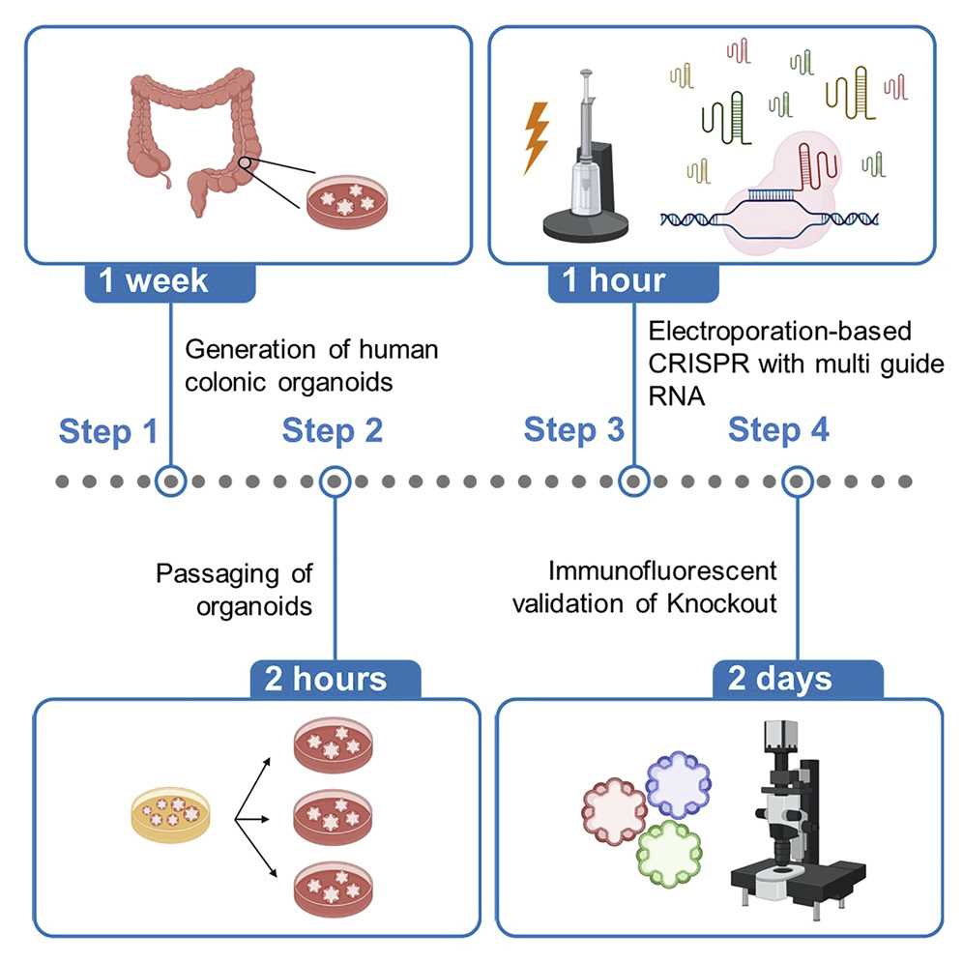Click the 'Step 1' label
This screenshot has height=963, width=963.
tap(107, 431)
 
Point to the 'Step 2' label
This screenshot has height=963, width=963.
tap(333, 431)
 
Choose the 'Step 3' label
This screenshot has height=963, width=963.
tap(574, 431)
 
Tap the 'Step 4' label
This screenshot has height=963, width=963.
tap(778, 431)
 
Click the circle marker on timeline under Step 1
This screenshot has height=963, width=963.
tap(171, 481)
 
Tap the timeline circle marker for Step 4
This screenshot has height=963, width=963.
tap(798, 481)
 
